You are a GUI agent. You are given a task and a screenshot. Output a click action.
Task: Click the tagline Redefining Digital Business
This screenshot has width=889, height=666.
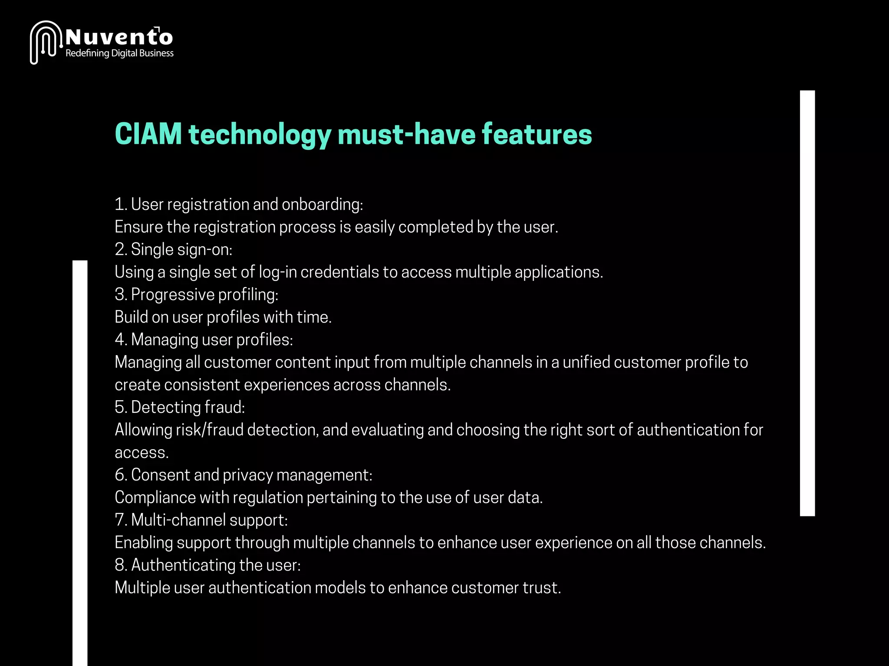(x=119, y=53)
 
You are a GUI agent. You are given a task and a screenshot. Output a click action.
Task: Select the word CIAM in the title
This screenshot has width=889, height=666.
(x=148, y=134)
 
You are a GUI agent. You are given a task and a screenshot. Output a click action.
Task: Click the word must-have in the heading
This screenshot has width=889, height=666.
(x=406, y=134)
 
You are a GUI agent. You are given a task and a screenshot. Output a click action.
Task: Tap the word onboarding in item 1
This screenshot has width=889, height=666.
(x=322, y=205)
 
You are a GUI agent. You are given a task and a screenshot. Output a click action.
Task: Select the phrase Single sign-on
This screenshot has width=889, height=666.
(x=181, y=250)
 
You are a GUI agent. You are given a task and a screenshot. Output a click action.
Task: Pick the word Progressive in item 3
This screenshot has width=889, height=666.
(x=172, y=295)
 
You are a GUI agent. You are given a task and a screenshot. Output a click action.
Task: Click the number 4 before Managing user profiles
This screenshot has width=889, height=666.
(x=120, y=340)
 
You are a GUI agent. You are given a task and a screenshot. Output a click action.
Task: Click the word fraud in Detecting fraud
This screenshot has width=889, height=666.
(x=224, y=408)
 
